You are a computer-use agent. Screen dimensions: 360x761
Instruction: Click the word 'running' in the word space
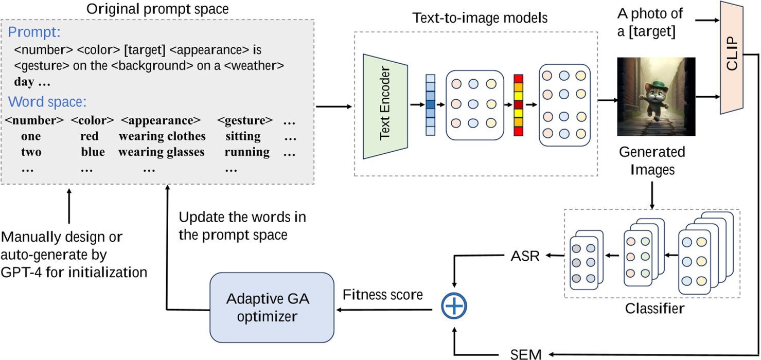point(246,152)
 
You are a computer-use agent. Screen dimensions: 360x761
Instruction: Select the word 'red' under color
point(90,136)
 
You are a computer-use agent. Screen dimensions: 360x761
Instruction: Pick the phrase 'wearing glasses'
point(161,152)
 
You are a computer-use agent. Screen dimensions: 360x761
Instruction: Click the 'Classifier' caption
point(654,309)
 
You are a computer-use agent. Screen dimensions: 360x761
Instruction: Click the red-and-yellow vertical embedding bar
point(518,105)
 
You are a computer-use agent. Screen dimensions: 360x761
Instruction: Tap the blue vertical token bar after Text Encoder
point(430,105)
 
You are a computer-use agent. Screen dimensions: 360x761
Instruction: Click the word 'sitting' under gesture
point(243,136)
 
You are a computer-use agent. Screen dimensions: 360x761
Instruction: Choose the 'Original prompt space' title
point(157,9)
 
